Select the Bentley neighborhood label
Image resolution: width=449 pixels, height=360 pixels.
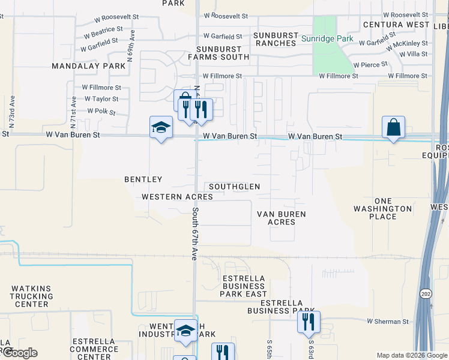[143, 179]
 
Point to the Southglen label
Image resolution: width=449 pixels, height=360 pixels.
[234, 187]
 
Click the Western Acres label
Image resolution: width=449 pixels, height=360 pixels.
[177, 197]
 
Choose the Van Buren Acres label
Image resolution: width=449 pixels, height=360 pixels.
[281, 218]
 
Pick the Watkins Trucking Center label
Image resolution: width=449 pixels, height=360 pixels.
[32, 296]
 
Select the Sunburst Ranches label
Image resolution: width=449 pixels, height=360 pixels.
[276, 38]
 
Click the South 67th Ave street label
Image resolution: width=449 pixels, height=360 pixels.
[196, 234]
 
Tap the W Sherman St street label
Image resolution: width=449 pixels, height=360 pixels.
[387, 322]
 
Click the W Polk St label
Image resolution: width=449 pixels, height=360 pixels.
[101, 111]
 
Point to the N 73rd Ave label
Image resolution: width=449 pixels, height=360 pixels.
[12, 112]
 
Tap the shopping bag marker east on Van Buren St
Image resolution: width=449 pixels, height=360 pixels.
[393, 128]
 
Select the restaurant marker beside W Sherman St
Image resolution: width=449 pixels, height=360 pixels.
[309, 322]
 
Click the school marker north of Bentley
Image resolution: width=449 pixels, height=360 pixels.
[161, 128]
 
